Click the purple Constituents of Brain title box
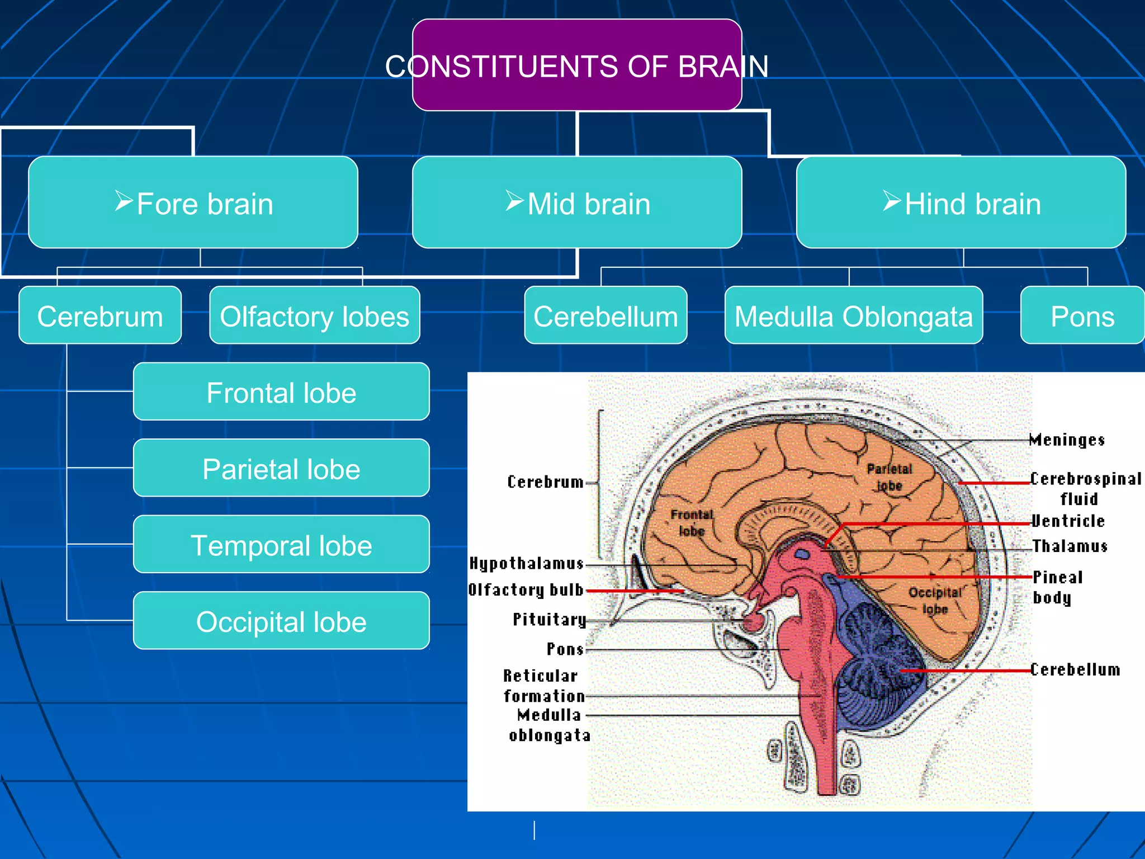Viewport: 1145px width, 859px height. click(x=577, y=65)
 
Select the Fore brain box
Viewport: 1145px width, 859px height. click(x=193, y=202)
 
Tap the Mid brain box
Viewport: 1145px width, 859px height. click(x=577, y=202)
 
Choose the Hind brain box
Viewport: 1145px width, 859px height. click(x=961, y=202)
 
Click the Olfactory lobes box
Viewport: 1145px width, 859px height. click(x=314, y=315)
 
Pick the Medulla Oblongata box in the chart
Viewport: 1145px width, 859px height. click(x=853, y=315)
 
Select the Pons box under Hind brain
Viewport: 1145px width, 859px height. click(x=1082, y=315)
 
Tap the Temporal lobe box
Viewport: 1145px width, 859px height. click(x=281, y=544)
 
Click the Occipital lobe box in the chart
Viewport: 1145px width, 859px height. click(x=281, y=621)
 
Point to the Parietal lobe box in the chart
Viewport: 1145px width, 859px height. click(x=281, y=468)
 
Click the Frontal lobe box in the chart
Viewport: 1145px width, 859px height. click(x=281, y=391)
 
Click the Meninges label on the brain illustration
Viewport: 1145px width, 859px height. click(x=1067, y=440)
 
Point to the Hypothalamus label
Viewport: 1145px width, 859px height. click(x=526, y=563)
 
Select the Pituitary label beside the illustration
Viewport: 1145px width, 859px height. click(x=549, y=619)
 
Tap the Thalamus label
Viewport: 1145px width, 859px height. click(x=1069, y=546)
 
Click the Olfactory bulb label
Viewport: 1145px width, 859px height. click(x=526, y=590)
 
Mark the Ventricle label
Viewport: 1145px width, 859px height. click(x=1068, y=521)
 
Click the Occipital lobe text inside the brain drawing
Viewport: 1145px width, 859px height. click(x=935, y=600)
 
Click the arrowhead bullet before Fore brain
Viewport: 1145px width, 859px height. click(x=124, y=200)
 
